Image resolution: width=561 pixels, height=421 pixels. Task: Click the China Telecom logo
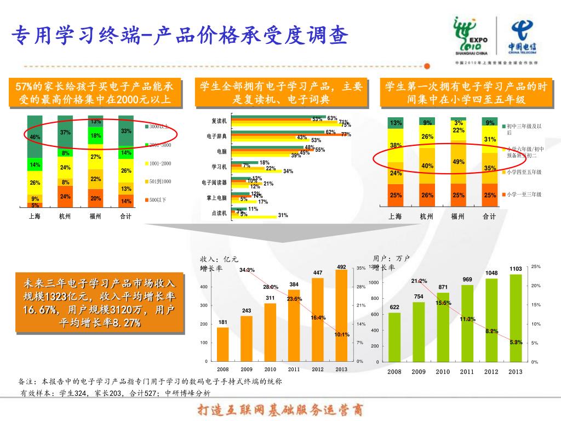click(525, 37)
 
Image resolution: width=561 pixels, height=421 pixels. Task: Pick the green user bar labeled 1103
click(516, 317)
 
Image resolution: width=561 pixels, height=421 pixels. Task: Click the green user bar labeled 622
click(394, 337)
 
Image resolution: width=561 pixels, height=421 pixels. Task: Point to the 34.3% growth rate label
click(247, 270)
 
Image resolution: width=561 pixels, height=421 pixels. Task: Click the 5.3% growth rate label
click(516, 342)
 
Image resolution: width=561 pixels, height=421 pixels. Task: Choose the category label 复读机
click(219, 121)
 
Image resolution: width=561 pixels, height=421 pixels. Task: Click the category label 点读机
click(219, 213)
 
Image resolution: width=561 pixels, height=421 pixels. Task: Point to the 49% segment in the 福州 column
click(459, 162)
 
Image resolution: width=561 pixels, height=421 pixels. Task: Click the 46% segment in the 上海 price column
click(35, 136)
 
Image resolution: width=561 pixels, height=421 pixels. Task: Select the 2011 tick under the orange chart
click(294, 369)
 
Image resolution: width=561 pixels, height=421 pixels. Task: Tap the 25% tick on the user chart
click(536, 266)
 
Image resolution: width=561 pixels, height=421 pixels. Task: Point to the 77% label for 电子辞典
click(346, 134)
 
